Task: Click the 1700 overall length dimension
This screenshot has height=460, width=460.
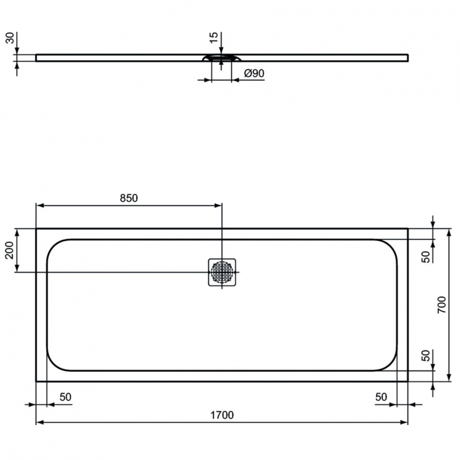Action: (x=221, y=415)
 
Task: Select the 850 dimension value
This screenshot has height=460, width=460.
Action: (x=128, y=197)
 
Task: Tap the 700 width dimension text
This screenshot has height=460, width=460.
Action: (x=443, y=305)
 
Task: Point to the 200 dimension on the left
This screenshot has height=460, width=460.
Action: (x=9, y=250)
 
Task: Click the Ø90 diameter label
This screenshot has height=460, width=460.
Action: (x=253, y=73)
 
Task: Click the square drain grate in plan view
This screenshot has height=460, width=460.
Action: (x=222, y=272)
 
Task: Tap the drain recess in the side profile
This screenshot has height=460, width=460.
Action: (x=222, y=58)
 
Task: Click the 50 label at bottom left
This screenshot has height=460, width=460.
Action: (x=65, y=397)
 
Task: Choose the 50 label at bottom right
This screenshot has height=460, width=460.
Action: (x=381, y=397)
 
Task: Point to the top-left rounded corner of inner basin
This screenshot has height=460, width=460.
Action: (x=53, y=245)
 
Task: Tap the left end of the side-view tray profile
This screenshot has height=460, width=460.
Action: (x=37, y=58)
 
